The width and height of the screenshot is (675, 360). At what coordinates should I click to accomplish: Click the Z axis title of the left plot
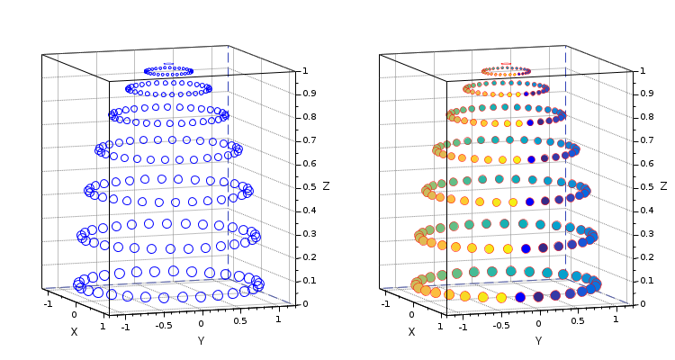point(326,186)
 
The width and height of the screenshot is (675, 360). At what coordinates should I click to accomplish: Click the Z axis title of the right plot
point(663,186)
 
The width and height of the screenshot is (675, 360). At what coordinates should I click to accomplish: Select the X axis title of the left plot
point(74,331)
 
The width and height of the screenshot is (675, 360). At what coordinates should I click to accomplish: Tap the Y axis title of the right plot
point(538,341)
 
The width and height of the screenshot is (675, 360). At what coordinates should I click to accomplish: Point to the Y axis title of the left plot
point(201,341)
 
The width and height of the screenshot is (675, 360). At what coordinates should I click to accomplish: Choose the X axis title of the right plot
point(411,331)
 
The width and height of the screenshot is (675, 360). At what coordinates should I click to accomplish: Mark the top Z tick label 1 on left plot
point(306,70)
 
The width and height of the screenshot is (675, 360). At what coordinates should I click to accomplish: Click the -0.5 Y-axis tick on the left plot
point(163,325)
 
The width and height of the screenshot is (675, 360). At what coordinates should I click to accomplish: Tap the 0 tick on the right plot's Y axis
point(538,323)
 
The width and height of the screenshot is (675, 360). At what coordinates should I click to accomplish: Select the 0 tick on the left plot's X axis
point(75,314)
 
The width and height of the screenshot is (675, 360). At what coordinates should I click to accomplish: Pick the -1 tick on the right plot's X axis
point(385,303)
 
